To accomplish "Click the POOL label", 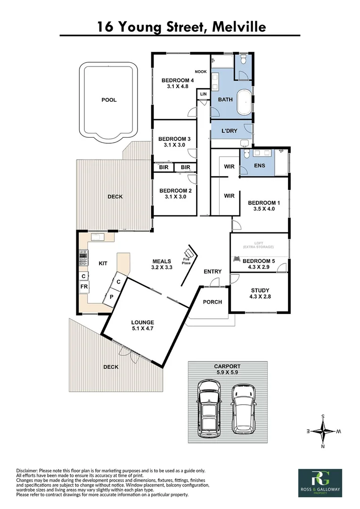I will (109, 100).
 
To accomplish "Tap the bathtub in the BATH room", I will (245, 102).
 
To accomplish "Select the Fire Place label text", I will (187, 261).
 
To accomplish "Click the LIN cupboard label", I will (203, 94).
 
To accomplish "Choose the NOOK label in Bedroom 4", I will (201, 72).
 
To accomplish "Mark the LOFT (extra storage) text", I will (258, 245).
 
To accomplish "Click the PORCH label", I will (213, 302).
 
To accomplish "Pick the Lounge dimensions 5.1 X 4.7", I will (142, 330).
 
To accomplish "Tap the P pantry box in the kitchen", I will (112, 297).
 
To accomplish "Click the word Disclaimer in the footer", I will (29, 470).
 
